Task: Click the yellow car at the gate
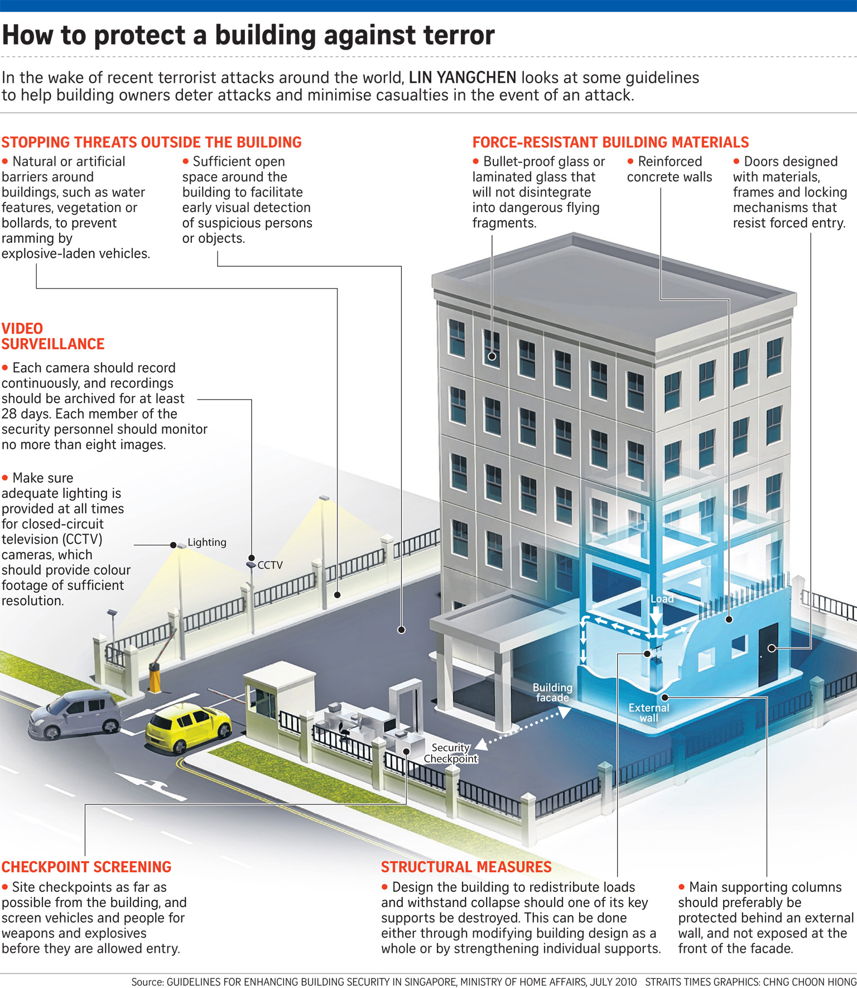click(188, 727)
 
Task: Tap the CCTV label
click(270, 565)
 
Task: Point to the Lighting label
click(207, 542)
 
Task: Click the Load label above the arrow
click(662, 598)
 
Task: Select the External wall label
click(649, 713)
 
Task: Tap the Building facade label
click(552, 693)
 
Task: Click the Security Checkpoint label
click(451, 753)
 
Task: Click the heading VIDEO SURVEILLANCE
click(52, 336)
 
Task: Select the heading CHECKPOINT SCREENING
click(86, 867)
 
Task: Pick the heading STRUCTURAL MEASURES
click(466, 867)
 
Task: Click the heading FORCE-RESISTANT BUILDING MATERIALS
click(610, 142)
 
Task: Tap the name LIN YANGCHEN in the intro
click(463, 78)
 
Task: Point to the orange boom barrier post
click(155, 677)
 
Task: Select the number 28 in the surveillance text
click(9, 414)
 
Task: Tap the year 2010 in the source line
click(625, 982)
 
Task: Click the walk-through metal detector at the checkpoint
click(407, 704)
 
